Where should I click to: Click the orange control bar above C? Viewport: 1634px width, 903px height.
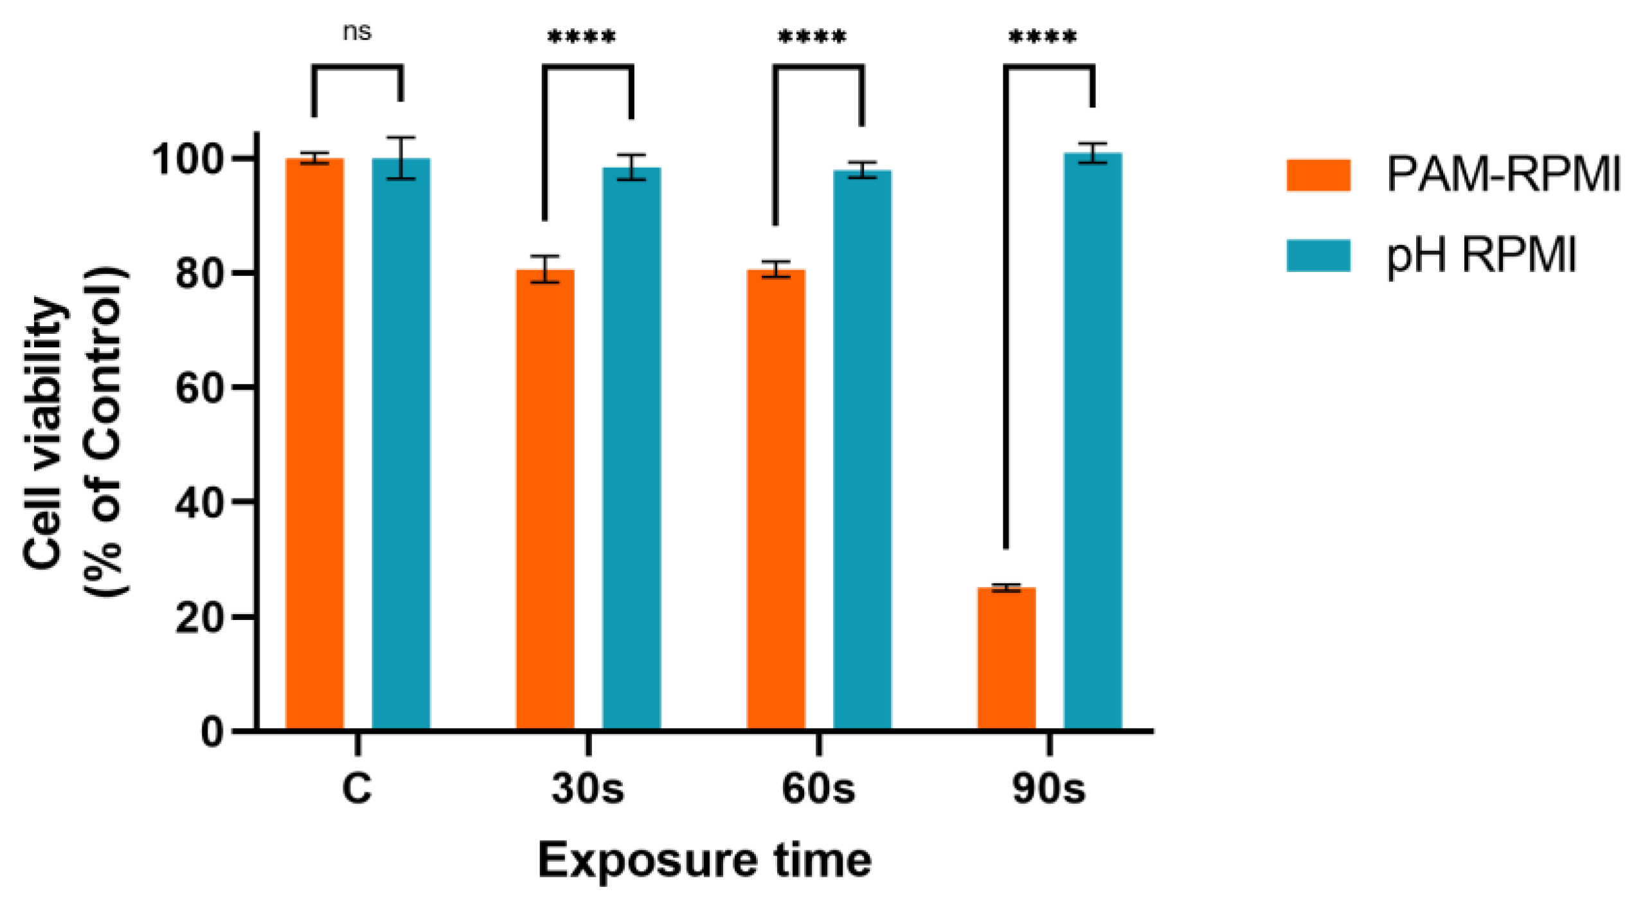(314, 444)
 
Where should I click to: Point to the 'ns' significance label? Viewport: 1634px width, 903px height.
(357, 32)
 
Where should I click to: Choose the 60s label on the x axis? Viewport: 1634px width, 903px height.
(818, 789)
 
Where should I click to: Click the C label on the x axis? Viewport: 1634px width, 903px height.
(357, 789)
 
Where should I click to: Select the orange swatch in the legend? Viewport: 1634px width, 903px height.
(1318, 175)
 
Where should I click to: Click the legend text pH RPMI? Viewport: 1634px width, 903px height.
(1481, 256)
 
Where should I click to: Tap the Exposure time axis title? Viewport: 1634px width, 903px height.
(705, 861)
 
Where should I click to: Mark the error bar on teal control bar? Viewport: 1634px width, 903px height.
(400, 158)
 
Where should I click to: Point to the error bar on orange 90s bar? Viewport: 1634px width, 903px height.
(1006, 587)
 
